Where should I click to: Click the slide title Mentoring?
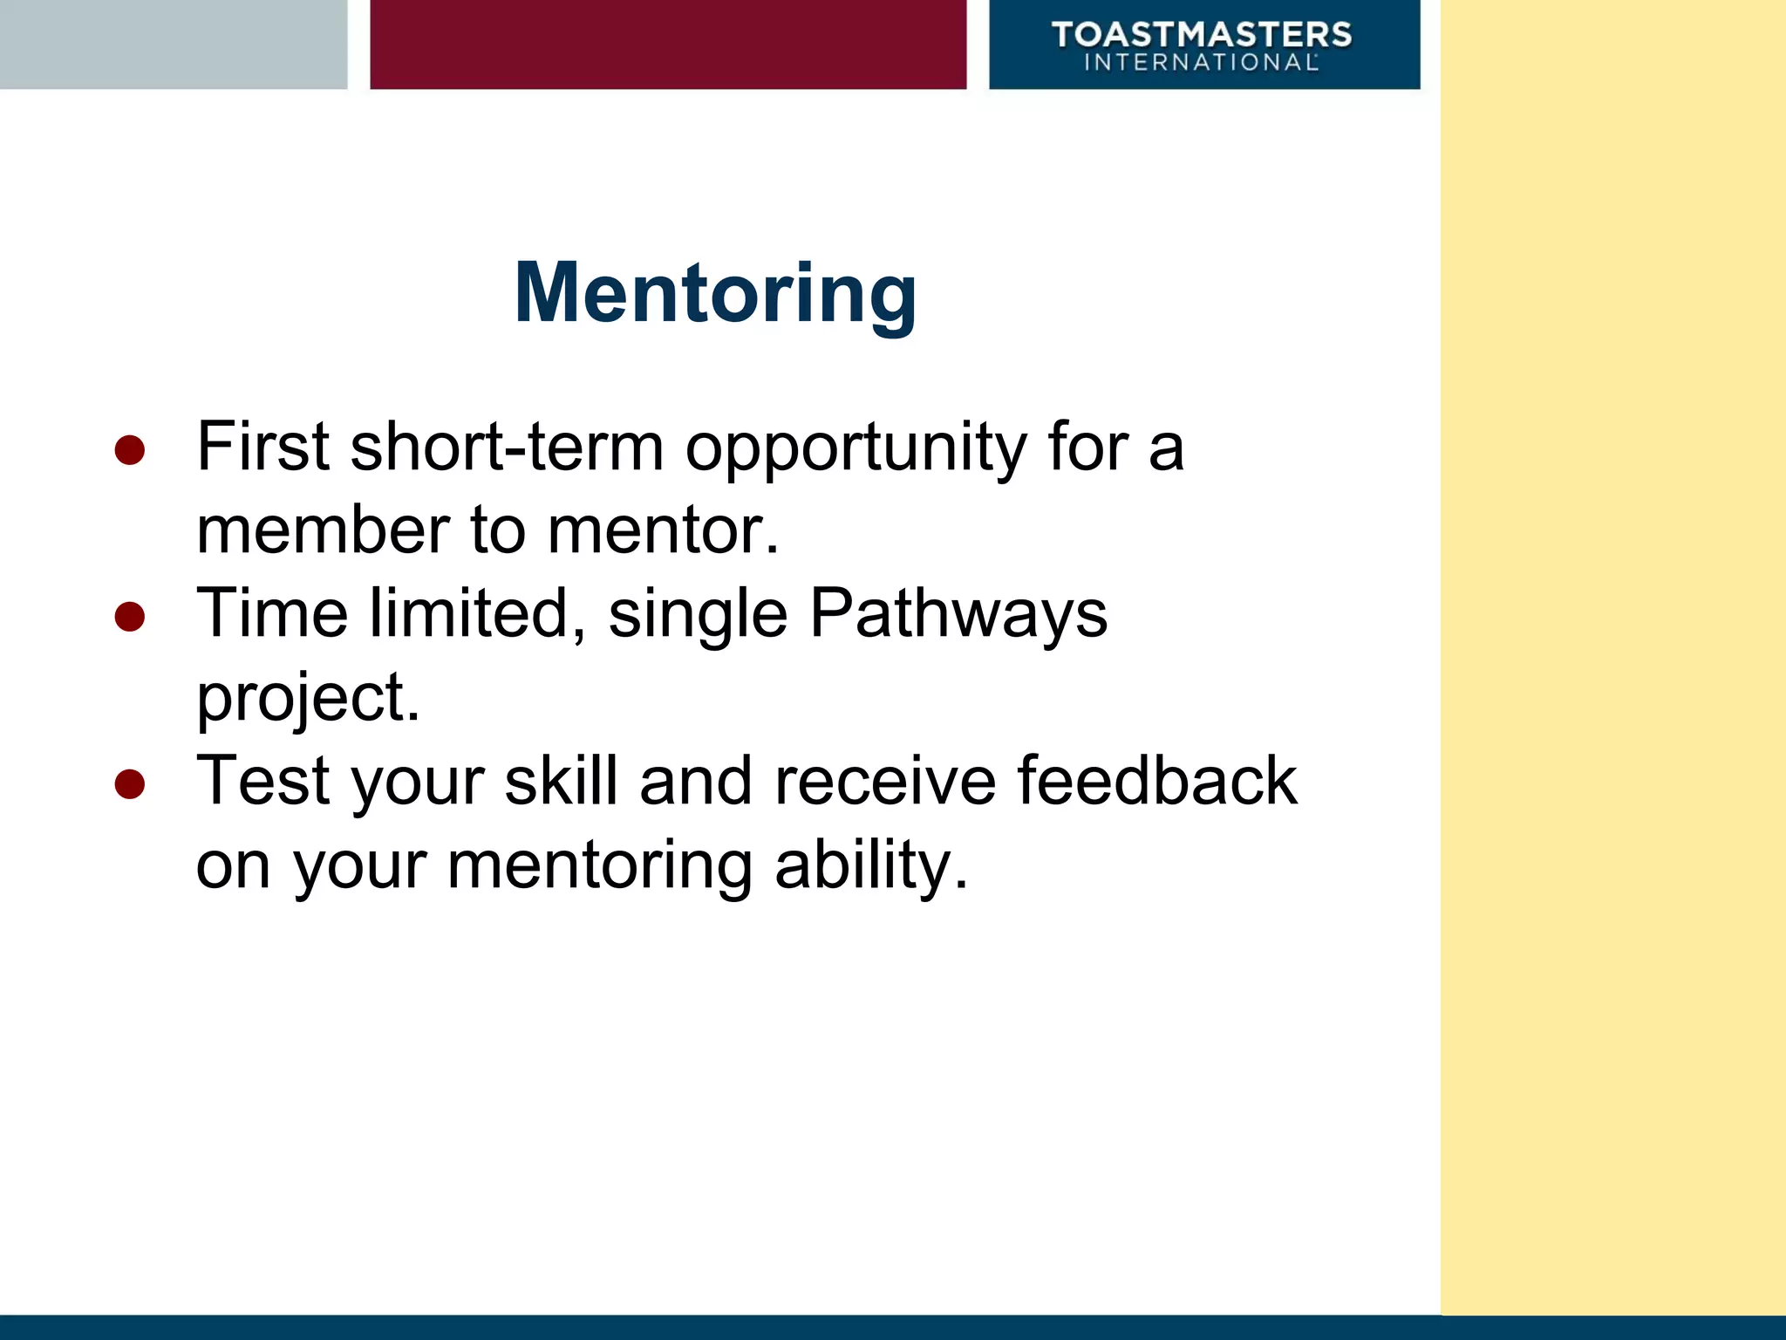click(x=715, y=293)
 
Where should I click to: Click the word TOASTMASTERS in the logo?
click(x=1202, y=35)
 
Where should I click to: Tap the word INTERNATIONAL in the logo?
click(x=1201, y=63)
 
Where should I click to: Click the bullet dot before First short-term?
click(x=129, y=450)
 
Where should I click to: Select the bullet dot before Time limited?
click(x=129, y=617)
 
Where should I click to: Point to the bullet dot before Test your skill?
click(x=129, y=783)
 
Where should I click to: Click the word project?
click(x=307, y=698)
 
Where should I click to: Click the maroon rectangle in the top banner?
click(x=668, y=44)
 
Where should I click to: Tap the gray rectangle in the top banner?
click(x=173, y=44)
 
